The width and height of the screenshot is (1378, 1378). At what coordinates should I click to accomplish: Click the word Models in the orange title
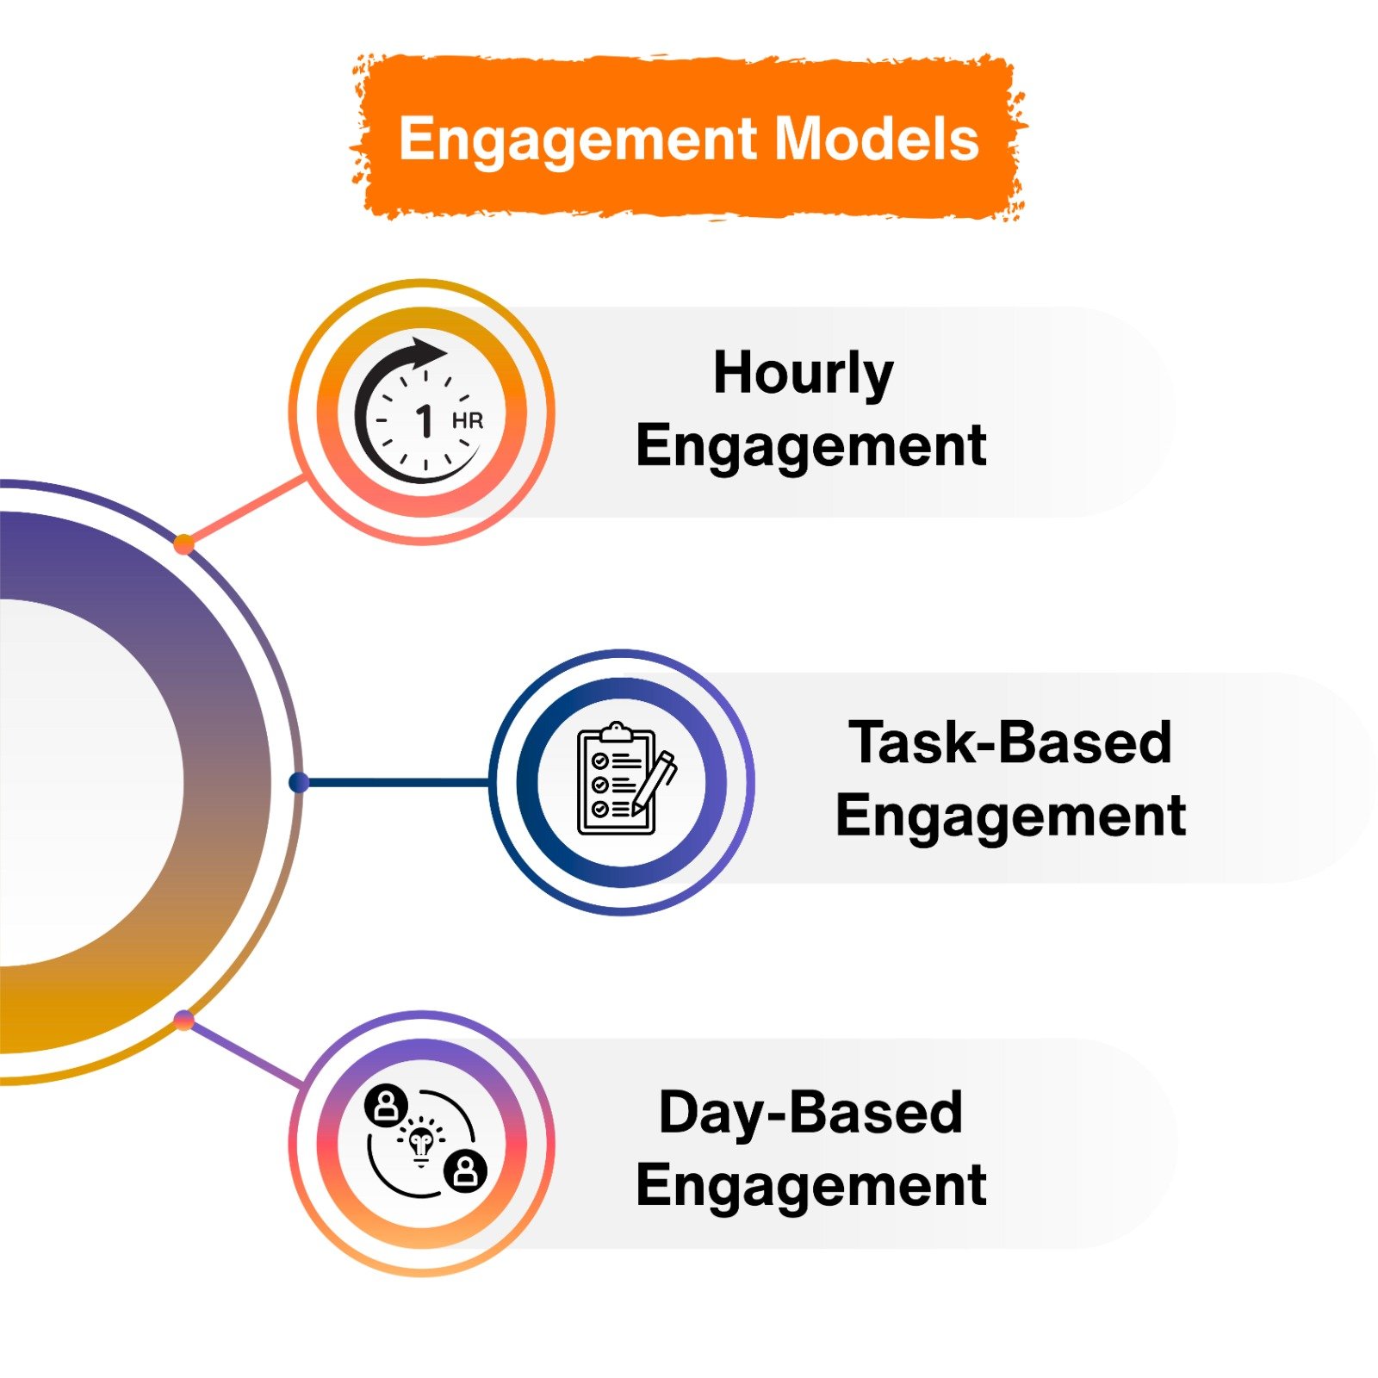pyautogui.click(x=877, y=139)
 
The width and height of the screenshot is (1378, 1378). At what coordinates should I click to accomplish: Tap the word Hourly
pyautogui.click(x=803, y=373)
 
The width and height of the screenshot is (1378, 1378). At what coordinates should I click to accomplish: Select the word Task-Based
pyautogui.click(x=1009, y=742)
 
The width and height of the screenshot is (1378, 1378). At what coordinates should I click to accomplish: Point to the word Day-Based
pyautogui.click(x=810, y=1112)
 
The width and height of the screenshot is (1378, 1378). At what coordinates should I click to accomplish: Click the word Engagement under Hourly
pyautogui.click(x=810, y=446)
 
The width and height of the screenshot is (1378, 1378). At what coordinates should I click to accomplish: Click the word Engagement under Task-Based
pyautogui.click(x=1010, y=816)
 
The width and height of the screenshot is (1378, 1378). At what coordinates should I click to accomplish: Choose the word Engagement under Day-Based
pyautogui.click(x=810, y=1186)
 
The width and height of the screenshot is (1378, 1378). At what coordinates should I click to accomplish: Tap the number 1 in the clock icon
pyautogui.click(x=424, y=422)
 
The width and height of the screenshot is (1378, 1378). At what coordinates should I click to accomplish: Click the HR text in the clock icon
pyautogui.click(x=468, y=421)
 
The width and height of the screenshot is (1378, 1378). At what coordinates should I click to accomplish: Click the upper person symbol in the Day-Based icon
pyautogui.click(x=386, y=1105)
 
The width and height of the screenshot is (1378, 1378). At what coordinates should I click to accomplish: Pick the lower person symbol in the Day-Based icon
pyautogui.click(x=465, y=1170)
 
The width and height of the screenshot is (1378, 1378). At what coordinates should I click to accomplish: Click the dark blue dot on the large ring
pyautogui.click(x=299, y=782)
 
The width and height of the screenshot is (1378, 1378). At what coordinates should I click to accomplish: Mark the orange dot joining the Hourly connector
pyautogui.click(x=183, y=543)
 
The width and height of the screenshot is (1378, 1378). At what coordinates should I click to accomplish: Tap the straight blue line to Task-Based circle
pyautogui.click(x=396, y=782)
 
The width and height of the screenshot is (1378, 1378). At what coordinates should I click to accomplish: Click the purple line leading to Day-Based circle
pyautogui.click(x=245, y=1053)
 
